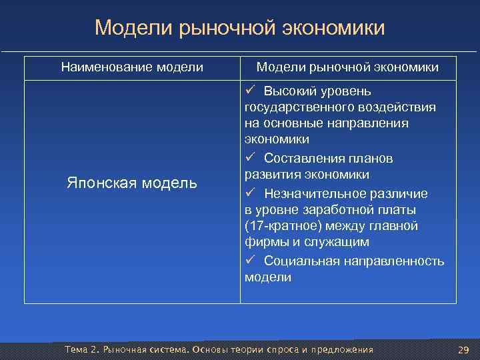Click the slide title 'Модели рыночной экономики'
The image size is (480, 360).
[240, 28]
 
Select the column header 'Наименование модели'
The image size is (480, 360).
[132, 67]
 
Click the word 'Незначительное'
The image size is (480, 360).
[310, 193]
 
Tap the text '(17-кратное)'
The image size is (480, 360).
[279, 226]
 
